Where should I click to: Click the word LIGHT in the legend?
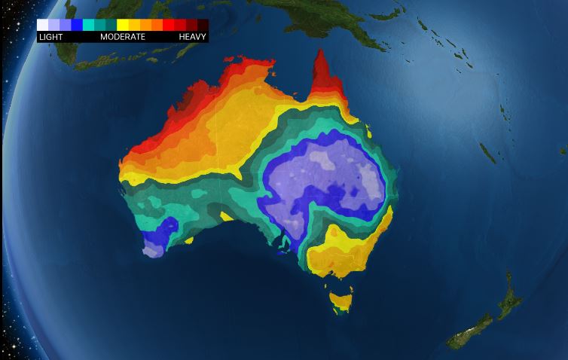50,36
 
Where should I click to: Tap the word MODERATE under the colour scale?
123,36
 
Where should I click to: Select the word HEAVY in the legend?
193,36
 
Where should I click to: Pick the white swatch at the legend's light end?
43,25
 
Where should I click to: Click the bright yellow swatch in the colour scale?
123,25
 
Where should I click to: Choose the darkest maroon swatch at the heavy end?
203,25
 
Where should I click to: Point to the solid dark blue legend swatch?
77,25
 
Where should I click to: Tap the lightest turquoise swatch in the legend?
88,25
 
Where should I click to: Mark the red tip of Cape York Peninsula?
322,72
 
